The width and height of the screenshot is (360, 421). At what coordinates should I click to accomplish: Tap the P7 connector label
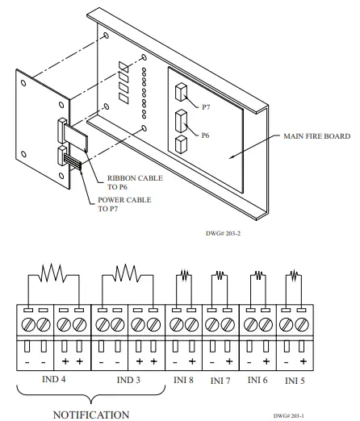tap(206, 106)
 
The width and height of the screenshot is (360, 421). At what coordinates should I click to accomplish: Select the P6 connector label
tap(206, 135)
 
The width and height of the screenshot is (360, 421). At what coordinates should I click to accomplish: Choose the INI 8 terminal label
tap(182, 379)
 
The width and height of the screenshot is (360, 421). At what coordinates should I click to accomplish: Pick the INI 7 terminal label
tap(220, 380)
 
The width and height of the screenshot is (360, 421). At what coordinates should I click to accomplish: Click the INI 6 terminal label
tap(258, 379)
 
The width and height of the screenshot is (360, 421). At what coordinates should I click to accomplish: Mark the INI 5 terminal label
tap(295, 379)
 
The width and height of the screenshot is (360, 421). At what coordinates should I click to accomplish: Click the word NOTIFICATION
tap(90, 415)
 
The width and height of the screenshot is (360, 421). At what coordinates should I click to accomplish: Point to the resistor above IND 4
tap(53, 271)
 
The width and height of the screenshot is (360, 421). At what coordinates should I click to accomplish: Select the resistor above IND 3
tap(126, 271)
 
